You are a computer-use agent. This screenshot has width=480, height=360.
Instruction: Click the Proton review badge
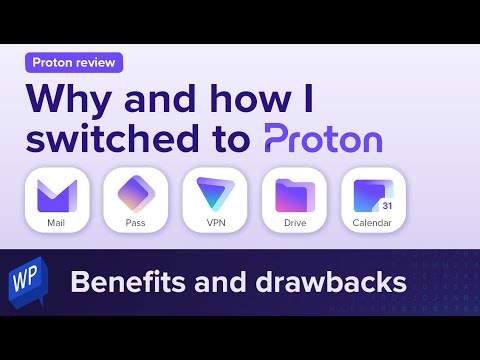(x=74, y=62)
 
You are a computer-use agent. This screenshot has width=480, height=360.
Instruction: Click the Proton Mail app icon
(x=56, y=191)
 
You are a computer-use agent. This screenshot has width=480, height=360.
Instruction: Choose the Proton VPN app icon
(x=215, y=191)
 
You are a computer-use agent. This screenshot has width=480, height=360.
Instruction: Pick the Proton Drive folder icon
(x=294, y=191)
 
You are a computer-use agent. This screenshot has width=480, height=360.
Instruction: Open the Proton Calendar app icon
(x=372, y=191)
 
